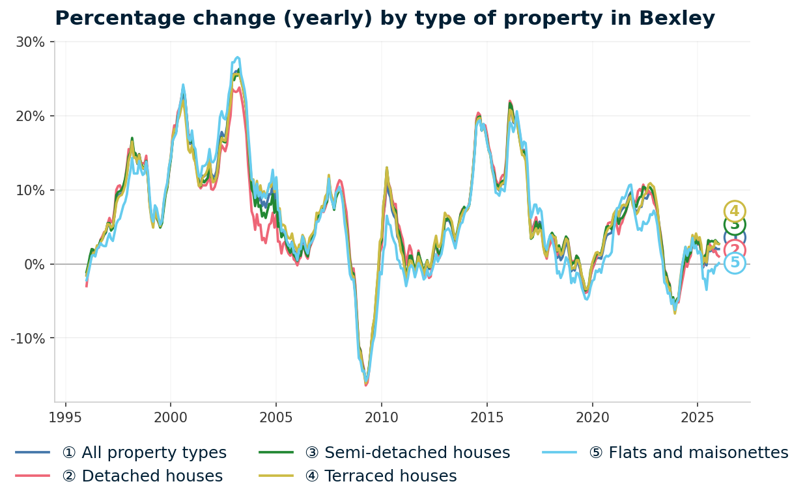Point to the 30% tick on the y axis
pos(31,42)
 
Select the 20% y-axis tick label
pos(31,116)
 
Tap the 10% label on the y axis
pos(31,190)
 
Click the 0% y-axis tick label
pos(34,264)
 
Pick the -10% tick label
pos(28,338)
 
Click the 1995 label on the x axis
pos(65,418)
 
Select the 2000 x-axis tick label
pos(171,418)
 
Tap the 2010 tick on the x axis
pos(381,418)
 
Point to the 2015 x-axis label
pos(487,418)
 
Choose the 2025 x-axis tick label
pos(697,418)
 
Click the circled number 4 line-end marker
pos(735,211)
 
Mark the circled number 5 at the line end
pos(735,263)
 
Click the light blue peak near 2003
pos(237,57)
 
